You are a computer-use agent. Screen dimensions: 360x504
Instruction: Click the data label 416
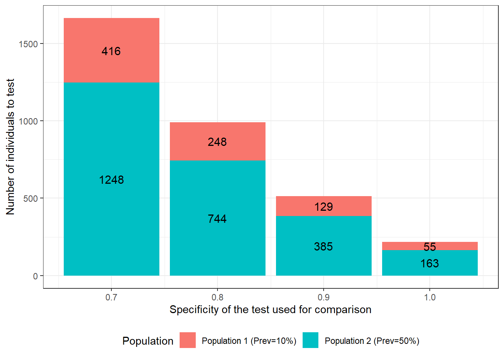(x=111, y=51)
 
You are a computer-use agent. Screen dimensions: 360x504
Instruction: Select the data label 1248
(x=111, y=180)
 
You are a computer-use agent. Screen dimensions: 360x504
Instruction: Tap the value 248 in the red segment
(x=217, y=142)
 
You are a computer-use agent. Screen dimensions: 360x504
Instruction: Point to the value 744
(x=217, y=219)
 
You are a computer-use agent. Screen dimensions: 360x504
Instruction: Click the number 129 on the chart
(x=323, y=207)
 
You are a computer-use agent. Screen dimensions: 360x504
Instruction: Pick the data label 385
(x=323, y=246)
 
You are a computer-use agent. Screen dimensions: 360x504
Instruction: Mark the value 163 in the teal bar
(x=429, y=264)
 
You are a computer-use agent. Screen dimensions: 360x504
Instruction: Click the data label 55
(x=429, y=247)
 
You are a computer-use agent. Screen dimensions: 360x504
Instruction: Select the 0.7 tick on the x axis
(x=111, y=297)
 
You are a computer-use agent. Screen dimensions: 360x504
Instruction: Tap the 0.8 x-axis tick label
(x=217, y=297)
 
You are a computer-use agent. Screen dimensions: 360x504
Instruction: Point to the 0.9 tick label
(x=323, y=297)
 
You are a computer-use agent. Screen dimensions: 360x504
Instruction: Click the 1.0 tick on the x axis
(x=429, y=297)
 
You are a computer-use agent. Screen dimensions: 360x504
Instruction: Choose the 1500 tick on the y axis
(x=28, y=44)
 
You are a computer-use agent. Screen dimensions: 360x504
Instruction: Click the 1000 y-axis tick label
(x=28, y=121)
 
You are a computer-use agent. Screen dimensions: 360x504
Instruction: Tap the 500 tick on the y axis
(x=31, y=198)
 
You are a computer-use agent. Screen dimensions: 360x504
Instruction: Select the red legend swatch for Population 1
(x=187, y=340)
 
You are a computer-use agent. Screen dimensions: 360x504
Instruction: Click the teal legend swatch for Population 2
(x=310, y=340)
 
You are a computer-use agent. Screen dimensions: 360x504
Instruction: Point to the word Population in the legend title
(x=148, y=341)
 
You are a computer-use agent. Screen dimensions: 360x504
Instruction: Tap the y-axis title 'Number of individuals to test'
(x=10, y=147)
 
